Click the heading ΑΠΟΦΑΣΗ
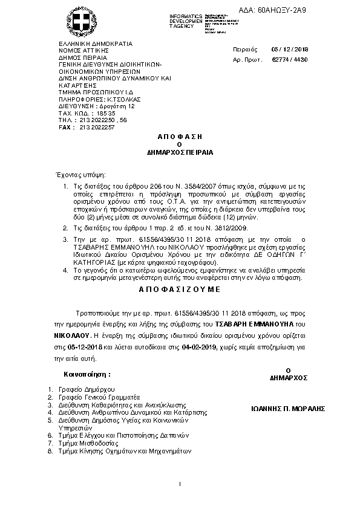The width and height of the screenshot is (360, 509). [x=180, y=138]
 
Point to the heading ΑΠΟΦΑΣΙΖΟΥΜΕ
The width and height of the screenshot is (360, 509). [x=180, y=290]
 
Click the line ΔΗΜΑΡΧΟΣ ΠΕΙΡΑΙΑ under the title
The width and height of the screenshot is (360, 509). [x=180, y=154]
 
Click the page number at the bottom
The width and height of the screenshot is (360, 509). [x=180, y=485]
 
